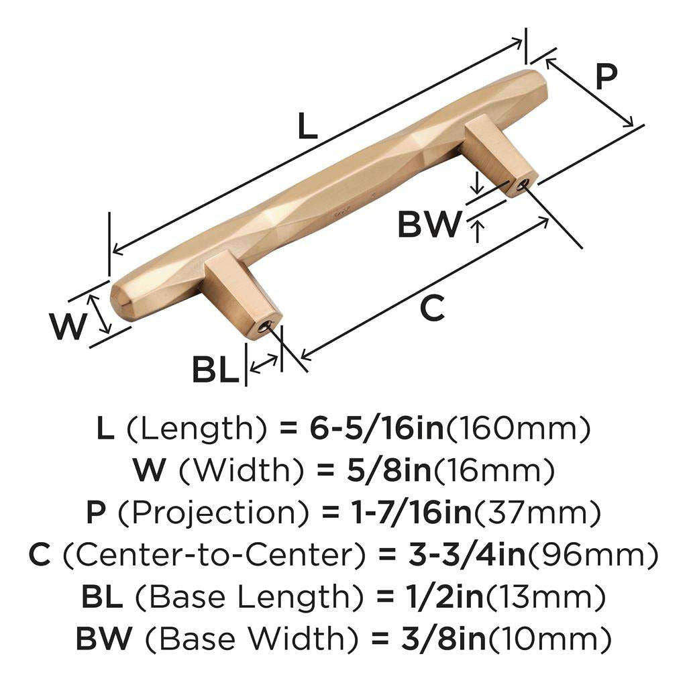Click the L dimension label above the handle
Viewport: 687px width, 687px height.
pyautogui.click(x=307, y=126)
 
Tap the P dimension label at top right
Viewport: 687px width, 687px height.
pyautogui.click(x=605, y=78)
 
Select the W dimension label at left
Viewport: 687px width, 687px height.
pyautogui.click(x=68, y=327)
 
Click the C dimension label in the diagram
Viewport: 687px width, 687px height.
pyautogui.click(x=432, y=309)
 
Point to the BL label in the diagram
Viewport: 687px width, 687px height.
pyautogui.click(x=215, y=370)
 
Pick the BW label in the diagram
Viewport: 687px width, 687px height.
pyautogui.click(x=429, y=225)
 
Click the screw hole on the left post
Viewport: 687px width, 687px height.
pyautogui.click(x=266, y=327)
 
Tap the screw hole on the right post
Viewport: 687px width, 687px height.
pyautogui.click(x=523, y=183)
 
